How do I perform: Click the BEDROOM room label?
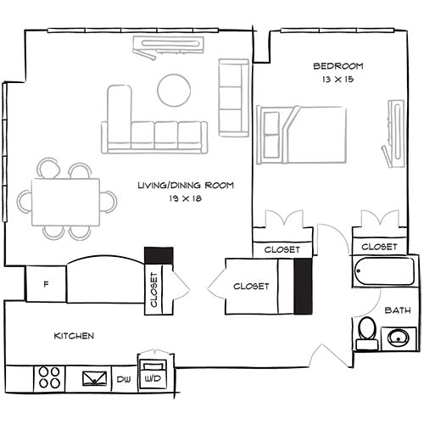pyautogui.click(x=338, y=66)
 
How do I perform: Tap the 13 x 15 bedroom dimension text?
pyautogui.click(x=338, y=79)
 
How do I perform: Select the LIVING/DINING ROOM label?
pyautogui.click(x=186, y=185)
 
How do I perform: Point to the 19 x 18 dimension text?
pyautogui.click(x=186, y=198)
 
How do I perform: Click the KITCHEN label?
pyautogui.click(x=74, y=336)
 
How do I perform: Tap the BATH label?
pyautogui.click(x=397, y=311)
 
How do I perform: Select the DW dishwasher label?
pyautogui.click(x=123, y=378)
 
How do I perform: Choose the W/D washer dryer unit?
pyautogui.click(x=153, y=373)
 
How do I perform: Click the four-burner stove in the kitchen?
pyautogui.click(x=50, y=377)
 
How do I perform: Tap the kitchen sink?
pyautogui.click(x=94, y=378)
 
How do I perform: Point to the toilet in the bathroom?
pyautogui.click(x=366, y=332)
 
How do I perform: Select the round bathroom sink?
pyautogui.click(x=398, y=338)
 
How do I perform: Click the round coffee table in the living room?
pyautogui.click(x=175, y=88)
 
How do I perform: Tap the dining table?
pyautogui.click(x=66, y=201)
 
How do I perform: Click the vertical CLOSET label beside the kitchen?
pyautogui.click(x=153, y=288)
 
